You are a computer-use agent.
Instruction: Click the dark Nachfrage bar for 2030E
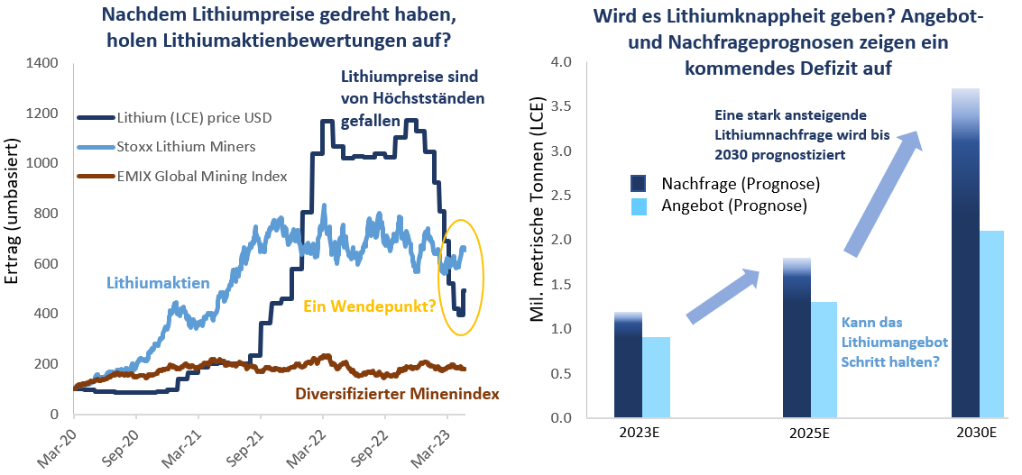point(966,270)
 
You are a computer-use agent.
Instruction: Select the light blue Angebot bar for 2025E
point(824,360)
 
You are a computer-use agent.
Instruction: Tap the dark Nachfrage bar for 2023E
point(628,370)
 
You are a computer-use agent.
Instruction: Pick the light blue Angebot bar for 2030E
point(991,324)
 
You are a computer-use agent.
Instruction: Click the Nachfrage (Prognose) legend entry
point(740,185)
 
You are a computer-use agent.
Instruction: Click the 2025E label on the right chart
point(809,434)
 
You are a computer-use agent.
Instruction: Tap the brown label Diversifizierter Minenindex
point(397,394)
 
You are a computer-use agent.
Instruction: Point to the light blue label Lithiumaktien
point(158,283)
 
